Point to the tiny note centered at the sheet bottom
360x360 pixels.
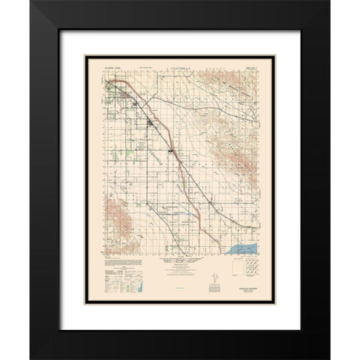click(180, 298)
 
